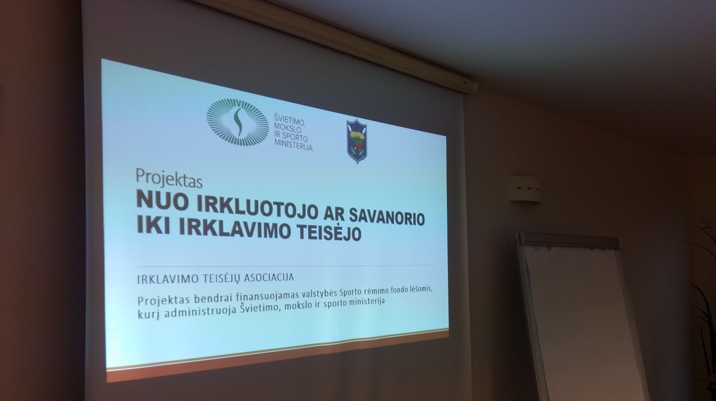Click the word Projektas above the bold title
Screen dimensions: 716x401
(x=169, y=179)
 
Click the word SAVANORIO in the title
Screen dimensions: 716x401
(x=386, y=218)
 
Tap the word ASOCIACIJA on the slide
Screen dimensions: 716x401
(x=269, y=277)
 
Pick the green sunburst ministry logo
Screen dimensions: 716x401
(x=237, y=122)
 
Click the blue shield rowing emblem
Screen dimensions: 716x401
(x=357, y=141)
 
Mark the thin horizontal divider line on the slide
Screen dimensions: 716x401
(x=285, y=265)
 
